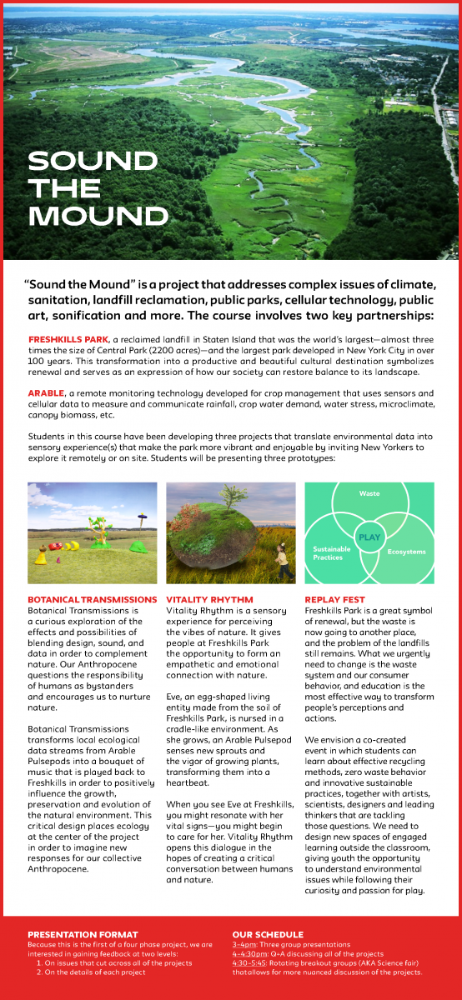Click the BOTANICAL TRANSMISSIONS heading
tap(92, 599)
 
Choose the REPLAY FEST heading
tap(334, 599)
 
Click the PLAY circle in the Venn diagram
tap(369, 537)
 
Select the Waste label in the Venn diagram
tap(369, 494)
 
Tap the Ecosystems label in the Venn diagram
tap(406, 552)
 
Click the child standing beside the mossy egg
tap(285, 562)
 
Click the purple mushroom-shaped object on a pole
tap(143, 519)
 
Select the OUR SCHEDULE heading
tap(268, 934)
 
